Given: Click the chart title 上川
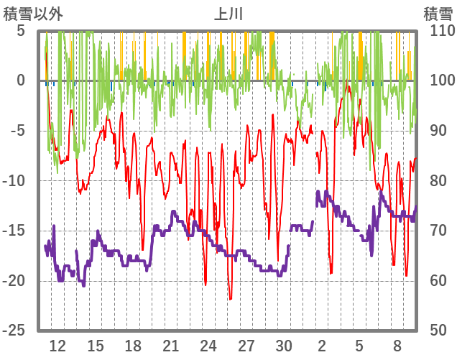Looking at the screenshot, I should click(229, 13).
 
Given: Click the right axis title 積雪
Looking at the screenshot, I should click(438, 13).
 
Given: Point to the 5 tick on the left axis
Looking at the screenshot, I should click(21, 31).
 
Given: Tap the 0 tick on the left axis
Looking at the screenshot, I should click(21, 80).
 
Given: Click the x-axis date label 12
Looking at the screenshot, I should click(57, 345).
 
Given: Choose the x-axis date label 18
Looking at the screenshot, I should click(133, 345).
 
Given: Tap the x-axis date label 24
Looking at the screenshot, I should click(208, 345).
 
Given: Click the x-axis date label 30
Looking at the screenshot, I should click(284, 345).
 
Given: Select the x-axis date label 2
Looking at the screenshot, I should click(322, 345).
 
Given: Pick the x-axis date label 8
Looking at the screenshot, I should click(397, 345).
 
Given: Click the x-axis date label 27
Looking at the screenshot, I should click(246, 345).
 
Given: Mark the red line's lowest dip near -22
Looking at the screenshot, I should click(230, 299).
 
